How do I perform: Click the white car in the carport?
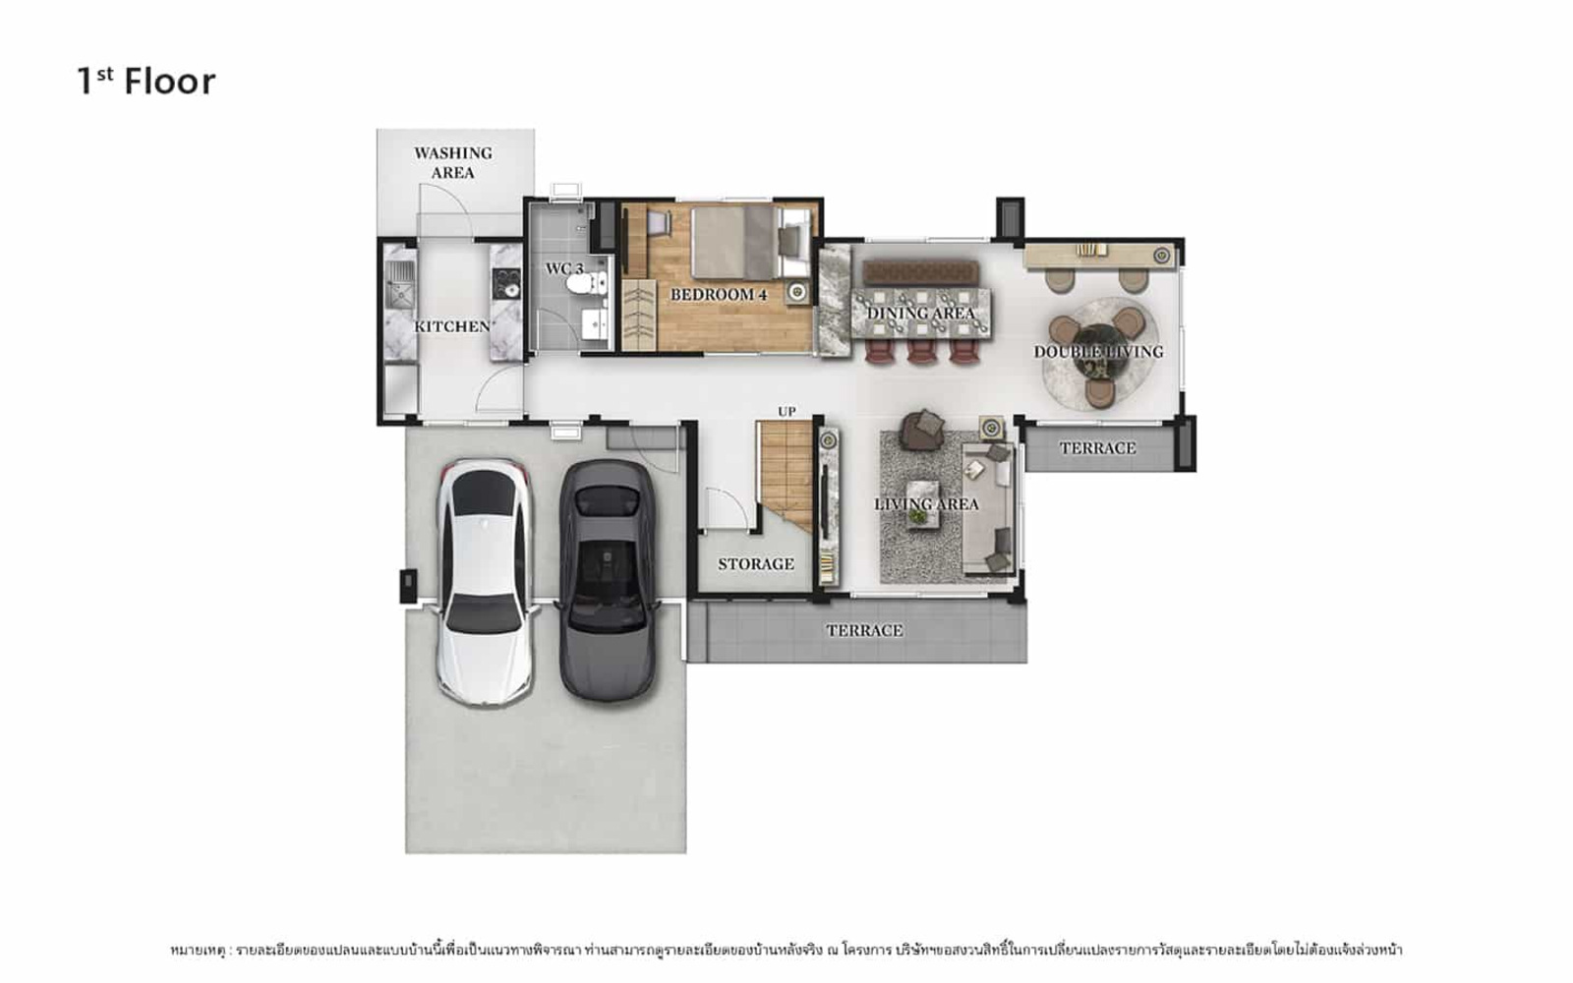point(486,583)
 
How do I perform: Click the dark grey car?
point(609,581)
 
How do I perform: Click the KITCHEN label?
point(452,326)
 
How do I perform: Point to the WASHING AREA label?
point(453,163)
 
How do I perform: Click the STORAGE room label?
point(756,564)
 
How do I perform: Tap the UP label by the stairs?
point(786,412)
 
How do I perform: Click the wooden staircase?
point(786,474)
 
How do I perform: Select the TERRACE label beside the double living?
point(1097,448)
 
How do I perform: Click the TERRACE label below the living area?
point(864,630)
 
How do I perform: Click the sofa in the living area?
point(988,508)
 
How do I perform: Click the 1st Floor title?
point(146,82)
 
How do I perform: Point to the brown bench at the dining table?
point(920,272)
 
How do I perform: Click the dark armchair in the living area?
point(923,429)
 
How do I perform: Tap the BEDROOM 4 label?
point(719,295)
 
